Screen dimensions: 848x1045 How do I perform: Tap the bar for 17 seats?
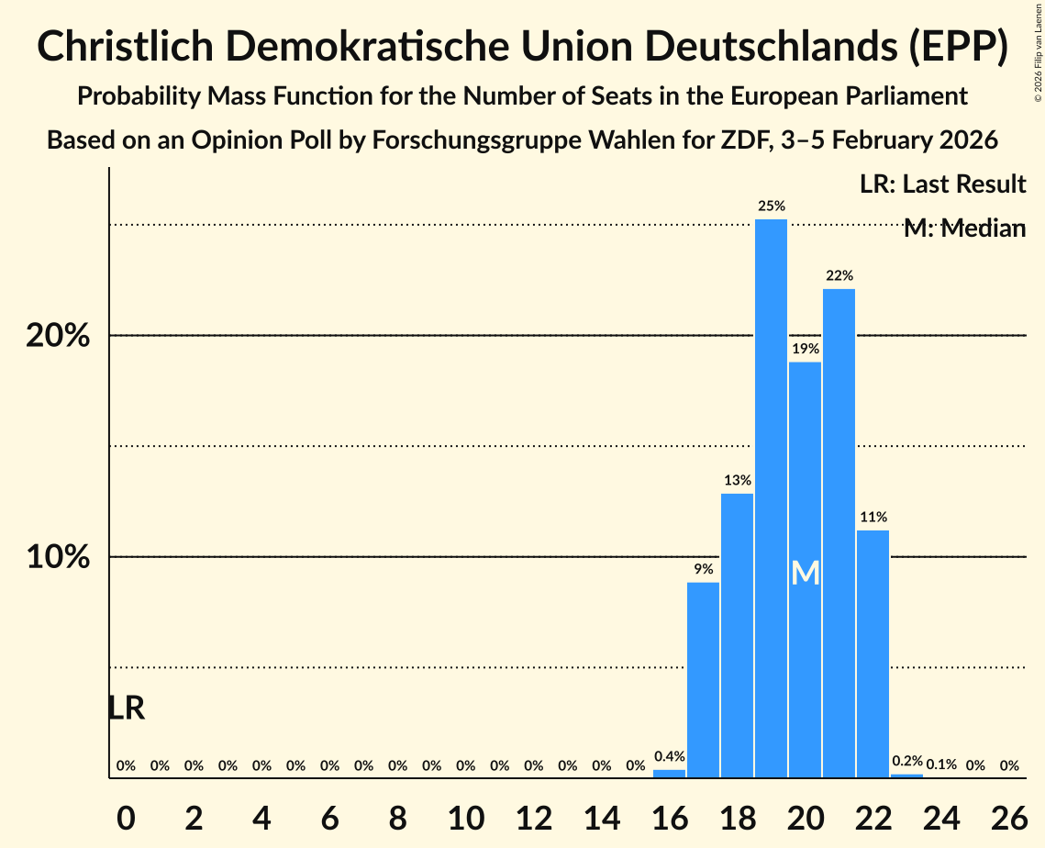click(703, 680)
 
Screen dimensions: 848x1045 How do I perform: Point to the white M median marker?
click(805, 573)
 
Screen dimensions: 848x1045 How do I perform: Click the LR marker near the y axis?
click(126, 708)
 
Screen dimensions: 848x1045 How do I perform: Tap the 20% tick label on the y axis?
click(58, 336)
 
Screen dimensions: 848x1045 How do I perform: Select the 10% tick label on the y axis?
click(58, 557)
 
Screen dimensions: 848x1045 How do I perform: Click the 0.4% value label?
click(669, 757)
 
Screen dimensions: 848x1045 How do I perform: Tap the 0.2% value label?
click(907, 761)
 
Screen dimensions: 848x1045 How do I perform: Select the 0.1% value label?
click(941, 764)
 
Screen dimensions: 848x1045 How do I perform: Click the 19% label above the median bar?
click(805, 349)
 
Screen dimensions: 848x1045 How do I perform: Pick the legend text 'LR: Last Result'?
click(942, 184)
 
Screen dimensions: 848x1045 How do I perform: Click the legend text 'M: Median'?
click(964, 229)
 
